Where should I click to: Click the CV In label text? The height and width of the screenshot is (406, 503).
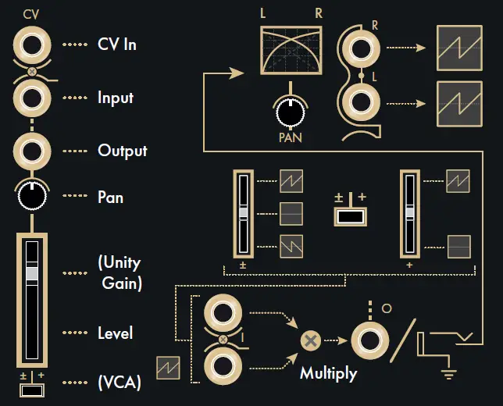[x=117, y=45]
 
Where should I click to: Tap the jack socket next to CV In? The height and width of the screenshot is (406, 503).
[x=32, y=45]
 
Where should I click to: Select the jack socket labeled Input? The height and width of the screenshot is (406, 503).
[x=32, y=98]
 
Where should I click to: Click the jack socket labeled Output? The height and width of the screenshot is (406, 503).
[x=32, y=149]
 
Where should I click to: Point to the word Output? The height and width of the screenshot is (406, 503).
[x=122, y=150]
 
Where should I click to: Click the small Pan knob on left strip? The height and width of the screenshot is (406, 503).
[x=32, y=197]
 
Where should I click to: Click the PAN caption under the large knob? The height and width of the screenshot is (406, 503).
[x=290, y=138]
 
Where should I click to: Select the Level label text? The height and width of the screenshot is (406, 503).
[x=115, y=333]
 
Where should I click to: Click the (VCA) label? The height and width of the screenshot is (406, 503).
[x=120, y=383]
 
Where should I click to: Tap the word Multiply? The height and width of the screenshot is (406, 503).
[x=328, y=373]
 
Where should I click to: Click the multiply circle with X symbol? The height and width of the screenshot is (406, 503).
[x=311, y=340]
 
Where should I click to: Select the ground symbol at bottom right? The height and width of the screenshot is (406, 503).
[x=448, y=372]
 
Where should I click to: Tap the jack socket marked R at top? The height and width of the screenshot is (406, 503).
[x=361, y=49]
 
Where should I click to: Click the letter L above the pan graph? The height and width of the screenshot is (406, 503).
[x=264, y=13]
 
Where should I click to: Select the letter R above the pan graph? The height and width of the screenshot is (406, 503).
[x=318, y=13]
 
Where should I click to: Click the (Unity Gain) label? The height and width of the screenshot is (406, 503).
[x=120, y=272]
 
